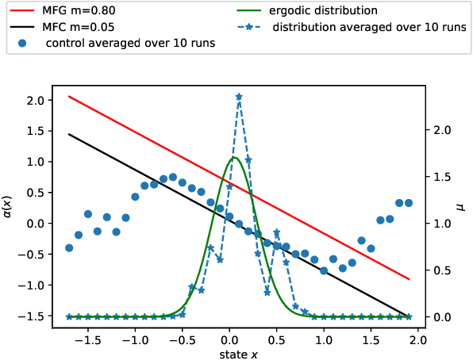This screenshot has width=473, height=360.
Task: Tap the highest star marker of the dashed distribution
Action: tap(239, 97)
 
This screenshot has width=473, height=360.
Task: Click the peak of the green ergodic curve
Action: tap(234, 158)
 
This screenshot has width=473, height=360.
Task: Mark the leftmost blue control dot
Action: tap(69, 248)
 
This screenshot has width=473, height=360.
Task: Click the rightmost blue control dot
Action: tap(409, 203)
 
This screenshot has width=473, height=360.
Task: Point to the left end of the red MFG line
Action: tap(69, 96)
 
